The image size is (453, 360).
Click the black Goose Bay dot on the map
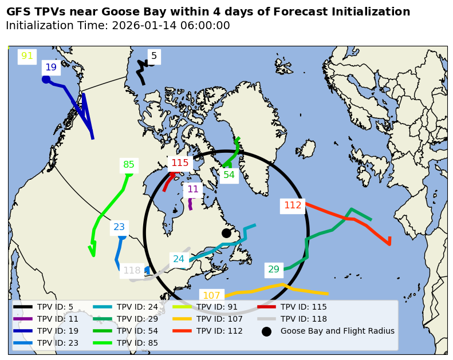pyautogui.click(x=226, y=233)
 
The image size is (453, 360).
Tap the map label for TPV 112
pyautogui.click(x=293, y=205)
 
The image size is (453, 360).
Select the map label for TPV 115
pyautogui.click(x=180, y=163)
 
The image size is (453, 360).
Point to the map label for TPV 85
pyautogui.click(x=129, y=165)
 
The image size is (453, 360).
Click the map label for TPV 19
pyautogui.click(x=51, y=68)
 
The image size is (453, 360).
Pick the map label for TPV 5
pyautogui.click(x=153, y=56)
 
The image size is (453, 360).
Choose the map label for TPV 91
pyautogui.click(x=27, y=56)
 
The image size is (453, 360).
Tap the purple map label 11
pyautogui.click(x=193, y=189)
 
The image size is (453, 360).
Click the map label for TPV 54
pyautogui.click(x=229, y=175)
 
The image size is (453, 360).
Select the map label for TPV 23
pyautogui.click(x=119, y=227)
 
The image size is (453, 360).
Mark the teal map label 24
pyautogui.click(x=179, y=259)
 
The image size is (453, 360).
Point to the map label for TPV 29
pyautogui.click(x=274, y=270)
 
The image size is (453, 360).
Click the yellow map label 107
pyautogui.click(x=211, y=295)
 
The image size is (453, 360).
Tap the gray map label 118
pyautogui.click(x=132, y=271)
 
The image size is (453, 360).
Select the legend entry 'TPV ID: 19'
pyautogui.click(x=58, y=331)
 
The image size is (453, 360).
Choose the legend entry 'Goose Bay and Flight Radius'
pyautogui.click(x=337, y=331)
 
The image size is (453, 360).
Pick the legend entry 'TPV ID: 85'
pyautogui.click(x=137, y=343)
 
